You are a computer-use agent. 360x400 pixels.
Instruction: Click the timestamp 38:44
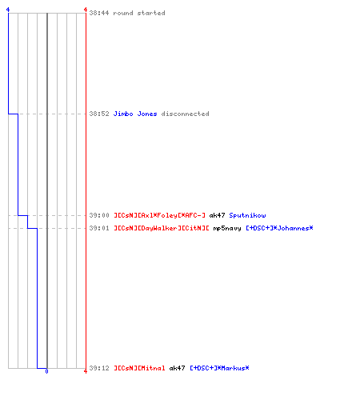pos(99,13)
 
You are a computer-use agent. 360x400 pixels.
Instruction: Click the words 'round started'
pos(139,13)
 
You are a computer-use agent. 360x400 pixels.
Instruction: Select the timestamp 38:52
pos(99,114)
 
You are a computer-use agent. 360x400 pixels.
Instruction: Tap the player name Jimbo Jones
pos(135,114)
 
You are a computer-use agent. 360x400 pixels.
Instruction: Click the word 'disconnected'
pos(185,114)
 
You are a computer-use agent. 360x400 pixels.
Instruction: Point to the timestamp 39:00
pos(99,215)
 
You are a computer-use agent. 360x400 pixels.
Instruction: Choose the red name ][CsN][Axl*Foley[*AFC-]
pos(159,215)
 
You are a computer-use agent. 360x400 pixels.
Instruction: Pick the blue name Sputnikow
pos(247,215)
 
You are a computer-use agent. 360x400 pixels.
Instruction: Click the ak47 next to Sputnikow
pos(217,215)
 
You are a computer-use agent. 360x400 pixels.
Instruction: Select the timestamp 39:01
pos(99,228)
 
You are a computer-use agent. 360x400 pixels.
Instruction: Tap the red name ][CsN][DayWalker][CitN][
pos(162,228)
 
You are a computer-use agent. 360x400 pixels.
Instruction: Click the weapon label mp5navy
pos(227,229)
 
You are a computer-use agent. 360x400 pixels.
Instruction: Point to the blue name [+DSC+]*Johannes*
pos(279,228)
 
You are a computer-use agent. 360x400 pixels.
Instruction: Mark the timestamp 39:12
pos(99,368)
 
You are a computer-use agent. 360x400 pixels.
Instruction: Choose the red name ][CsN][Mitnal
pos(139,368)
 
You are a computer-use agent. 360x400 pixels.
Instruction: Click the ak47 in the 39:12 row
pos(177,368)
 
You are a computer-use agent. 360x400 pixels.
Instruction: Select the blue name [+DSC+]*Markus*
pos(219,368)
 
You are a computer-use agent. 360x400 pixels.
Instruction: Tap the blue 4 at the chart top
pos(8,10)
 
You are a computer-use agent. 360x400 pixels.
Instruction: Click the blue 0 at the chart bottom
pos(46,371)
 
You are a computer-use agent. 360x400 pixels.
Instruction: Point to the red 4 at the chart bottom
pos(86,371)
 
